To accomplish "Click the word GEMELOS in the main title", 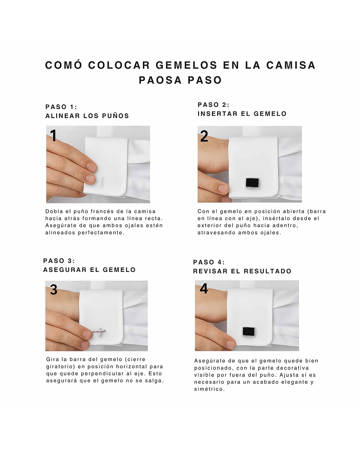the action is [x=186, y=65].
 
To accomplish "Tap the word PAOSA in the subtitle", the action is [x=160, y=80].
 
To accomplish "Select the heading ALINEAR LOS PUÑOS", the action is [x=87, y=116].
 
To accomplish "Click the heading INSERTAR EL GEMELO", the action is [x=242, y=114].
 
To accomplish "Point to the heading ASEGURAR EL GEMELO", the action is [x=89, y=270].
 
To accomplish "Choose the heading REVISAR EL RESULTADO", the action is [x=242, y=271].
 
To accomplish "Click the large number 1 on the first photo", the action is [x=53, y=135].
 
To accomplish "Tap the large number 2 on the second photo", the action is [x=204, y=136].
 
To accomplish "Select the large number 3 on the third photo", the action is [x=54, y=290].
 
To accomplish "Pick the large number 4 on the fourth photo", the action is [x=204, y=289].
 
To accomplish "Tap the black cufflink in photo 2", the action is [x=252, y=183].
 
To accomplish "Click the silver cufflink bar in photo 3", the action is [x=99, y=331].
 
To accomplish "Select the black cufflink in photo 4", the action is [x=249, y=331].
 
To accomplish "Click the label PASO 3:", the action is [x=59, y=261].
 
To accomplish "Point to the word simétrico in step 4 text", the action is [x=209, y=389].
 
